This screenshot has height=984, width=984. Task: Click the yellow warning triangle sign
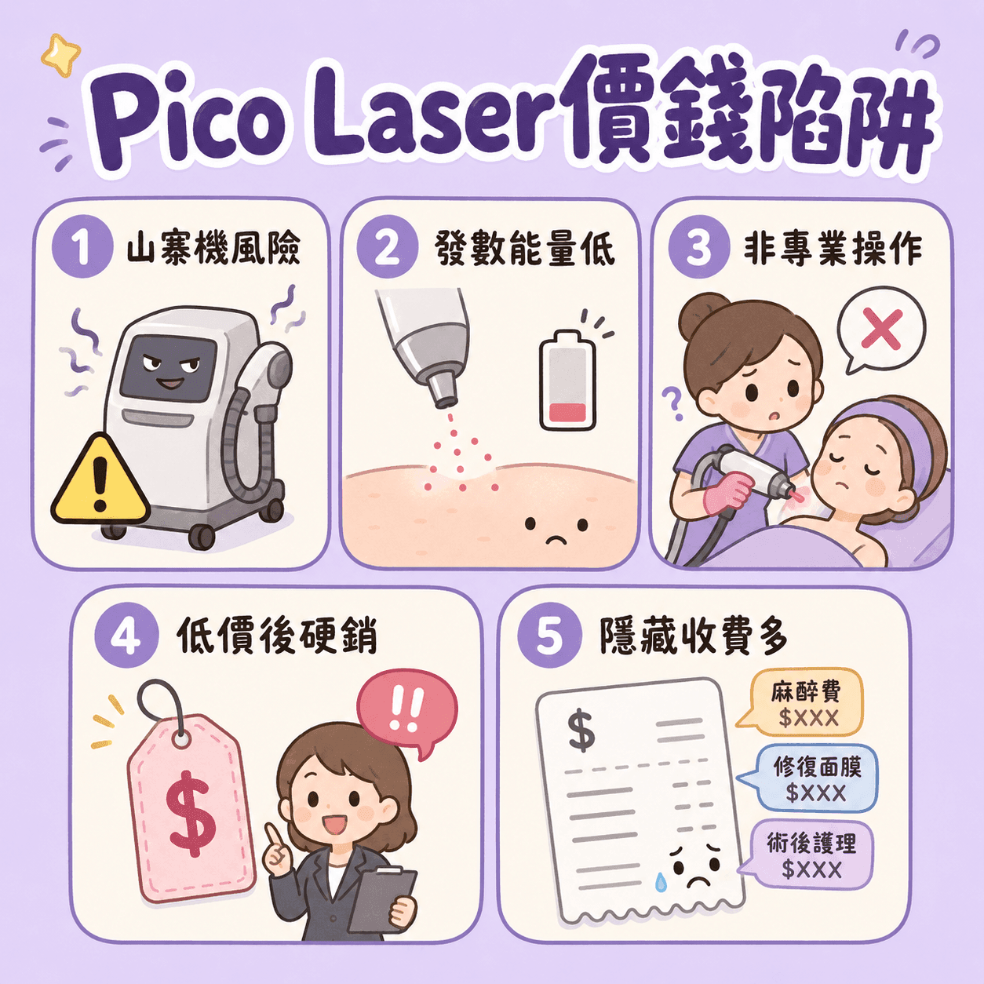point(100,481)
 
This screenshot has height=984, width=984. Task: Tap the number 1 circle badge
point(82,248)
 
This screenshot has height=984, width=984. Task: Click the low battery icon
point(567,380)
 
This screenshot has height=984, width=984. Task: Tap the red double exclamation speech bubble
point(406,709)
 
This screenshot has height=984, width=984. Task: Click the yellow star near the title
point(60,55)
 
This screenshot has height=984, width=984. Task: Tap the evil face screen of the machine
point(169,368)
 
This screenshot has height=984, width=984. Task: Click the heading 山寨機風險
point(213,248)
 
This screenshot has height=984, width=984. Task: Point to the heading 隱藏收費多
point(694,636)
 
